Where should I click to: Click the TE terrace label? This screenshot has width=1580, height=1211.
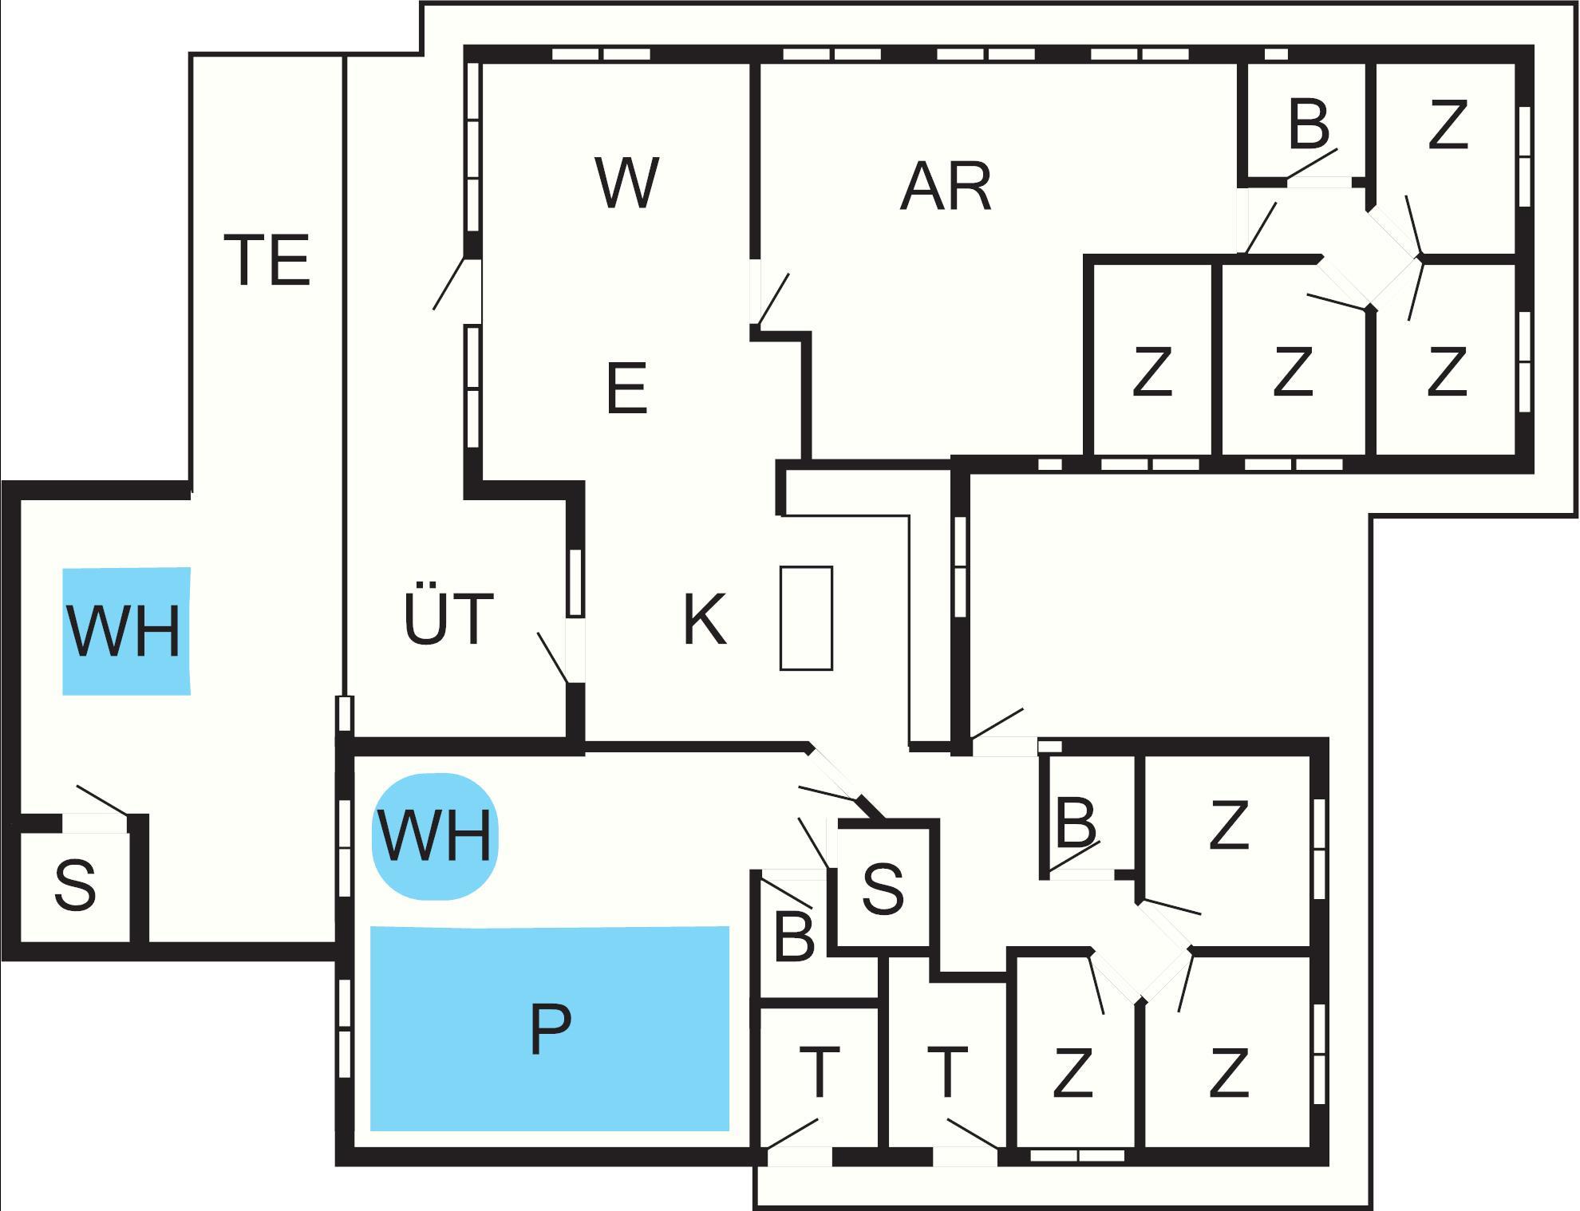267,259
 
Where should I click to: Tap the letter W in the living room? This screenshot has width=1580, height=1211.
626,183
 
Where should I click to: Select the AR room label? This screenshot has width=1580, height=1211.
946,186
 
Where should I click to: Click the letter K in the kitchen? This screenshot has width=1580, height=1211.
705,619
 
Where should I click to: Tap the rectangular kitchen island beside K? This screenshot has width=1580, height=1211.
806,618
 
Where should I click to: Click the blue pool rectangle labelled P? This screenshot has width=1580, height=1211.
550,1028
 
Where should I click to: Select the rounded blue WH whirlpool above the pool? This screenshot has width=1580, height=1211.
435,836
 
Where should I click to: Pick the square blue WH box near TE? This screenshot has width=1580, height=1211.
126,631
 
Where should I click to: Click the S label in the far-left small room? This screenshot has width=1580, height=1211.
75,886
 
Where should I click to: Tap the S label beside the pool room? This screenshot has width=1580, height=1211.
883,888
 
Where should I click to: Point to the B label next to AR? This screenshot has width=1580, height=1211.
1309,124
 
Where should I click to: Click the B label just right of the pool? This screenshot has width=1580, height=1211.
794,937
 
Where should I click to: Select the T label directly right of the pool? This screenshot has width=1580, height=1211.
820,1072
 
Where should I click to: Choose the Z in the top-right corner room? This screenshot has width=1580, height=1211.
1448,124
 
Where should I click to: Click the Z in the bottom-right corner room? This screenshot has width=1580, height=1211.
1228,1073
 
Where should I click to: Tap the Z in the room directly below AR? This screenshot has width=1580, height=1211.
1152,371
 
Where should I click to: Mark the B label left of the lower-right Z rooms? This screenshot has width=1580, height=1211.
1076,822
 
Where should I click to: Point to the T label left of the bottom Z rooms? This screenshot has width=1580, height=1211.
948,1072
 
